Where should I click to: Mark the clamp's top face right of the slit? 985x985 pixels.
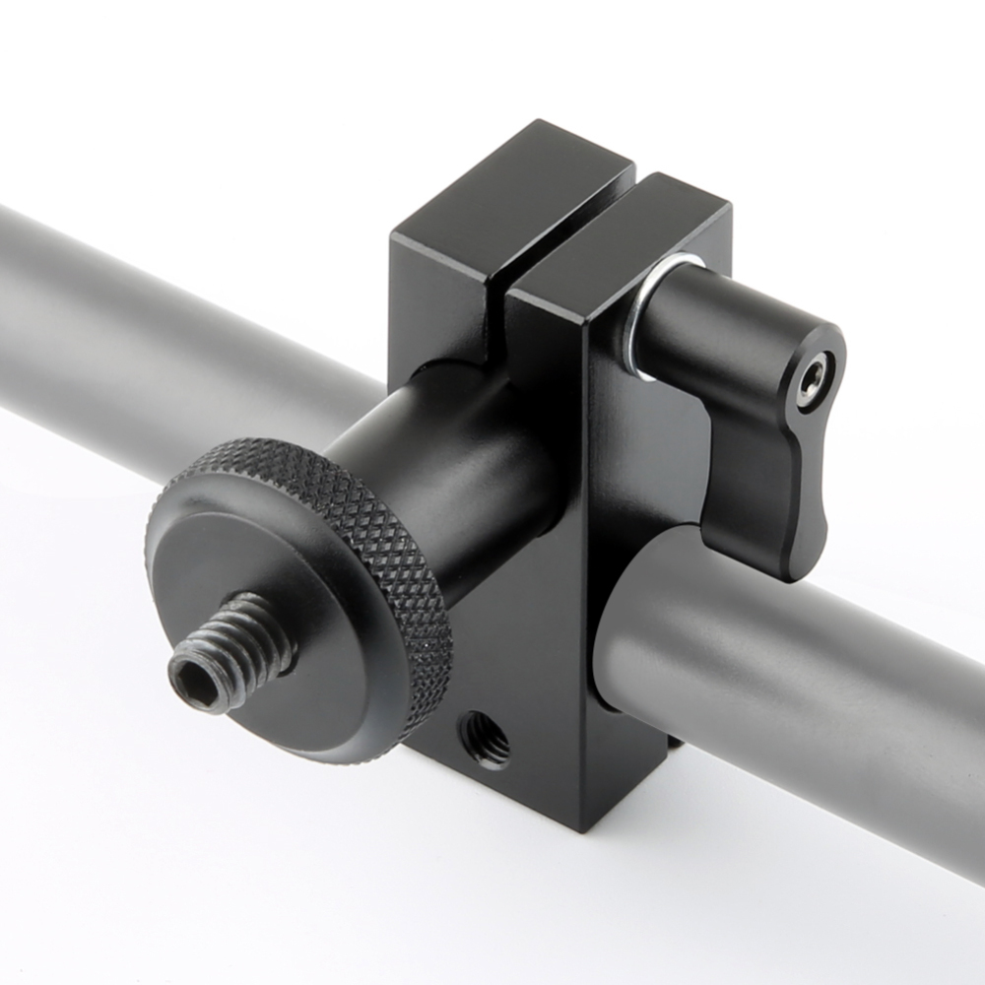point(630,236)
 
